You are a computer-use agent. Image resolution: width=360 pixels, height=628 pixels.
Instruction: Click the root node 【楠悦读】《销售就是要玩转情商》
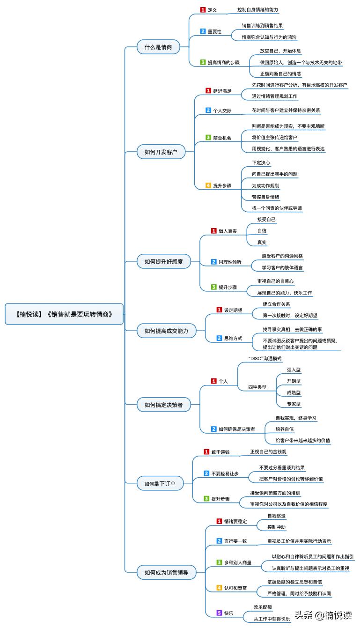tap(65, 314)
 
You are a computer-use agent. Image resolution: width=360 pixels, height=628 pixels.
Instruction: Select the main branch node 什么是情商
tap(157, 47)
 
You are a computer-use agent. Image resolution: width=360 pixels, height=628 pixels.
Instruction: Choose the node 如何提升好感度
tap(163, 261)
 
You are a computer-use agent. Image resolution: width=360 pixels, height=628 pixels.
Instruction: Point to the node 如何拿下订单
tap(160, 483)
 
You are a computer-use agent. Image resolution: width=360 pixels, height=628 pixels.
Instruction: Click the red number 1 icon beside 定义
tap(203, 10)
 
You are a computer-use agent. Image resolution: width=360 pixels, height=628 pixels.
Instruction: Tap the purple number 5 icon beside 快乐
tap(219, 613)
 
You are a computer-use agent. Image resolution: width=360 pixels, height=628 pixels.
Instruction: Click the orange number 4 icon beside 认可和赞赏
tap(219, 587)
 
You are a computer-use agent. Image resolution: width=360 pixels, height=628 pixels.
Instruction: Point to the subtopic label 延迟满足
tap(222, 91)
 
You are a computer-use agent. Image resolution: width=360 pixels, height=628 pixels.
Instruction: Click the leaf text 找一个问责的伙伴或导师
tap(274, 208)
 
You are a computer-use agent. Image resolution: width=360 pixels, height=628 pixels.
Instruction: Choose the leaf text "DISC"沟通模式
tap(265, 359)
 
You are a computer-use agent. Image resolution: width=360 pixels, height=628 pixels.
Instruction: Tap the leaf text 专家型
tap(294, 404)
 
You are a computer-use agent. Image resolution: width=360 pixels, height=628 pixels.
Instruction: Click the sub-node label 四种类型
tap(257, 387)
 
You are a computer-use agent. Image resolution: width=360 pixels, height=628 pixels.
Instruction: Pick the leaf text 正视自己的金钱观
tap(268, 452)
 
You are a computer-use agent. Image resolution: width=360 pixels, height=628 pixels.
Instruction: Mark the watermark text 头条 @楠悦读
tap(322, 615)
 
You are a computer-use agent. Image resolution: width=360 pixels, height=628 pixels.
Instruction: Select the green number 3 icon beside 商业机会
tap(208, 138)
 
